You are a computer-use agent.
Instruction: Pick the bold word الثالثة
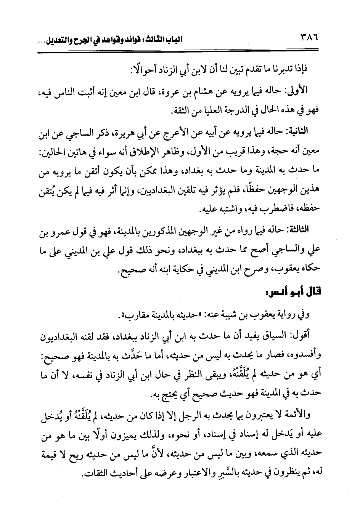pyautogui.click(x=309, y=231)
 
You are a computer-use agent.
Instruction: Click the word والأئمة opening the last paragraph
pyautogui.click(x=297, y=416)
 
